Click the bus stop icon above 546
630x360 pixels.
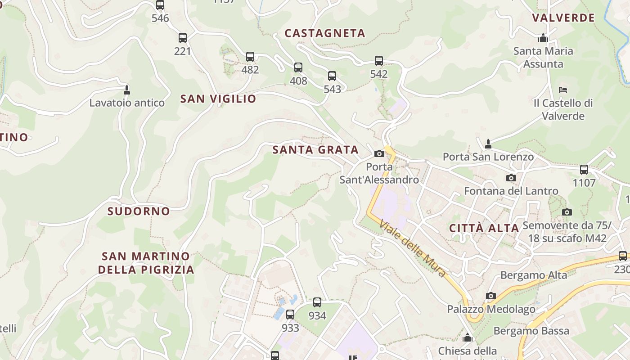click(160, 5)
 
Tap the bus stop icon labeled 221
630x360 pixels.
click(182, 38)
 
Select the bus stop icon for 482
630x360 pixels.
click(250, 57)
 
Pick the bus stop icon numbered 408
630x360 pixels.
click(298, 67)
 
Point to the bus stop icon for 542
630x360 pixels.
click(379, 61)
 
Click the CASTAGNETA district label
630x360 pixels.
click(325, 33)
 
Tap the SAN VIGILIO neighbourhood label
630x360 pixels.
click(218, 99)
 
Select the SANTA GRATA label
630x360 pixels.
click(315, 150)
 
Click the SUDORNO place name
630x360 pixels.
click(139, 211)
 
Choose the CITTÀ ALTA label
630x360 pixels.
click(484, 228)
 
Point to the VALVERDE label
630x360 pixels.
click(563, 18)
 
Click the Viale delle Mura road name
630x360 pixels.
click(413, 248)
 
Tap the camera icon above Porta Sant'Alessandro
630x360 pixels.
click(379, 153)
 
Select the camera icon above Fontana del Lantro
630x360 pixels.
click(511, 178)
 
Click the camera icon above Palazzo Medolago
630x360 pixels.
click(491, 296)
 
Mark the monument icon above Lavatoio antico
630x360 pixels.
click(127, 90)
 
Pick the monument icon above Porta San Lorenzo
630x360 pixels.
click(488, 144)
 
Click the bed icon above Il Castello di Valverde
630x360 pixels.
click(562, 90)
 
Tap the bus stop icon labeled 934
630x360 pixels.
click(317, 302)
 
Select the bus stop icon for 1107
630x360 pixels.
click(584, 170)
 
